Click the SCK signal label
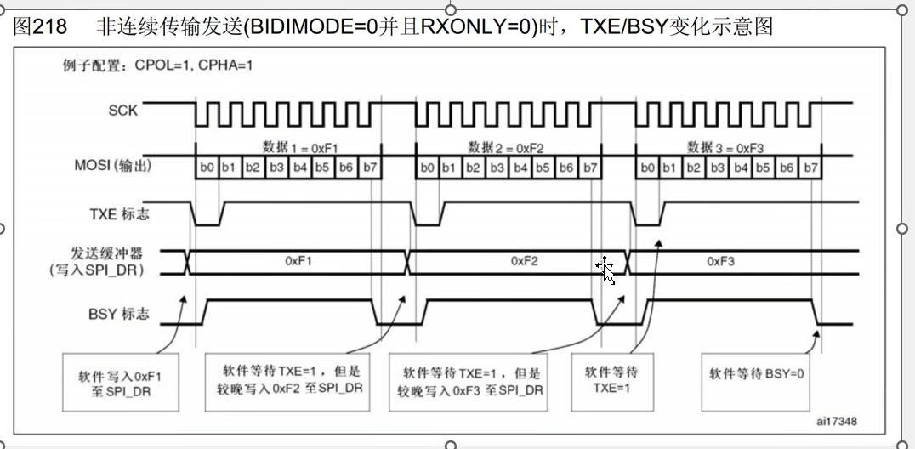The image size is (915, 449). tap(123, 110)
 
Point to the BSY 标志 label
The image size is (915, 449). tap(119, 315)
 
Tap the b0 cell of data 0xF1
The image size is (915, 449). tap(206, 168)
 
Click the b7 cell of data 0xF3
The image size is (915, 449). tap(810, 168)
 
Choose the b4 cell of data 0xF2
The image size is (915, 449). tap(520, 168)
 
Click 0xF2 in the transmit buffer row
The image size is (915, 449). tap(525, 261)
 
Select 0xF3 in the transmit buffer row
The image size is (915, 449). tap(721, 261)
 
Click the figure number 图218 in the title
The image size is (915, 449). tap(41, 26)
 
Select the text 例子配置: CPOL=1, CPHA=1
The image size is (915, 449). tap(159, 65)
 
